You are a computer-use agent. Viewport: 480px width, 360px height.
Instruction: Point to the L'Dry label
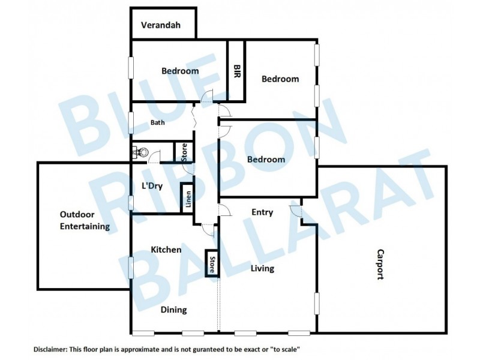click(x=152, y=185)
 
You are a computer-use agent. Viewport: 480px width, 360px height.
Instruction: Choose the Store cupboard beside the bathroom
click(x=184, y=151)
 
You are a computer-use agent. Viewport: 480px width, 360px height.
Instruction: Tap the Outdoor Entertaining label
click(x=85, y=220)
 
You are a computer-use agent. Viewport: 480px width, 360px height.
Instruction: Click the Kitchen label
click(x=166, y=249)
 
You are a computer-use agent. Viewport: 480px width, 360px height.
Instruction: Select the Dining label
click(x=173, y=310)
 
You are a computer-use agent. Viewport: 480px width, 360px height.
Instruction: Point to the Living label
click(x=262, y=268)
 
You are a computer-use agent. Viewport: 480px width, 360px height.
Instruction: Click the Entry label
click(x=262, y=212)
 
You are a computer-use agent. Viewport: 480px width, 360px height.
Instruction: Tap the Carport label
click(x=380, y=265)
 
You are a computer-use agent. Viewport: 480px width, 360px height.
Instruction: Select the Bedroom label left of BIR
click(x=180, y=71)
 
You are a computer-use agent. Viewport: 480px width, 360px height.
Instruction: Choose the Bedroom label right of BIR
click(x=280, y=79)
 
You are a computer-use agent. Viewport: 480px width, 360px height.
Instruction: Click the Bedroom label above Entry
click(x=266, y=159)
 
